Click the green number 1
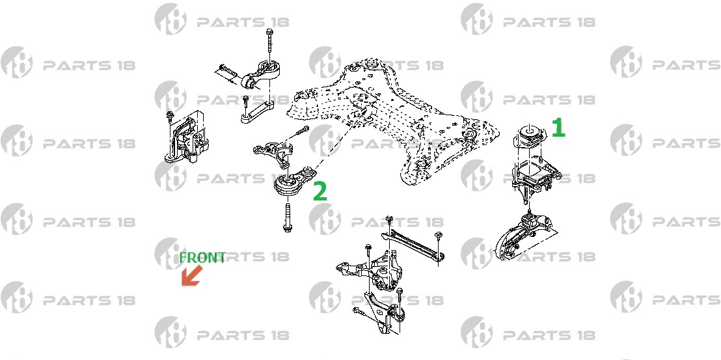pos(558,128)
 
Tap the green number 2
pos(320,191)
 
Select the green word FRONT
pos(202,258)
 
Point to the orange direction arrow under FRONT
pos(192,276)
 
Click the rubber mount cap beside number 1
pos(529,135)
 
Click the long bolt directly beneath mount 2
pos(287,217)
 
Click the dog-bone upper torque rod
pos(262,75)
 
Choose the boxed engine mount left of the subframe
pos(185,137)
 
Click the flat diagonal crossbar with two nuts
pos(413,246)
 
